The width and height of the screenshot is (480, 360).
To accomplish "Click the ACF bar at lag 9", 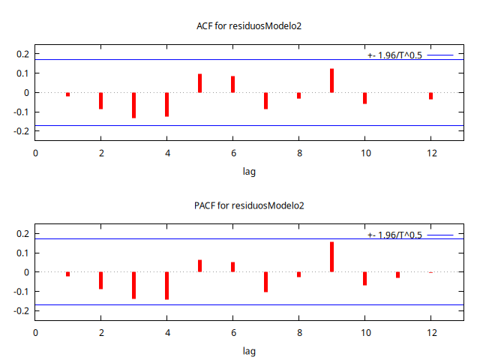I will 331,81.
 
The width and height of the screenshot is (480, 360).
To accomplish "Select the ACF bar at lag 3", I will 133,105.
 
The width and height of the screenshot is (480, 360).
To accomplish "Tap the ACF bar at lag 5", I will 199,83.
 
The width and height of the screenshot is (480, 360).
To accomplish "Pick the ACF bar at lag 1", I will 67,94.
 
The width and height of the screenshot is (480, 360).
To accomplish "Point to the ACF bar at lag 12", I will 430,96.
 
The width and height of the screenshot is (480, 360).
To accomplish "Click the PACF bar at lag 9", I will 331,257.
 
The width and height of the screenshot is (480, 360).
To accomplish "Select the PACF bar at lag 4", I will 166,286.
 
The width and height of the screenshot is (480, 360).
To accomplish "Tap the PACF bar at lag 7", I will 265,282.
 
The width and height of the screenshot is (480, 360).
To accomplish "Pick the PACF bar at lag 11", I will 397,275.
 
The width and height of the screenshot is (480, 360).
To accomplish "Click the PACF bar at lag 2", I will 100,280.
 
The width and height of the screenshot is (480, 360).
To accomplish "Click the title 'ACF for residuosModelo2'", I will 249,26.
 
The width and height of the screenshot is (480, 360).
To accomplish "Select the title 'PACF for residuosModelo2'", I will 249,205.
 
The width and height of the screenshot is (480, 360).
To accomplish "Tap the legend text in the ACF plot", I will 394,55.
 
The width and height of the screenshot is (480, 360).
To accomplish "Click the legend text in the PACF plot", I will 394,235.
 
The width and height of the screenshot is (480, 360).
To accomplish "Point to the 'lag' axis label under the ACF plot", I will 249,172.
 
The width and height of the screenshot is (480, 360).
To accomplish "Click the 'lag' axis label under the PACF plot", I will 249,351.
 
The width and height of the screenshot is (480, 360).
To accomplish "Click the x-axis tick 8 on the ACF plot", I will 298,153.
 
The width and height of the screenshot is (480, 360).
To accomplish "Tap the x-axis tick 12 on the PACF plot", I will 430,332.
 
